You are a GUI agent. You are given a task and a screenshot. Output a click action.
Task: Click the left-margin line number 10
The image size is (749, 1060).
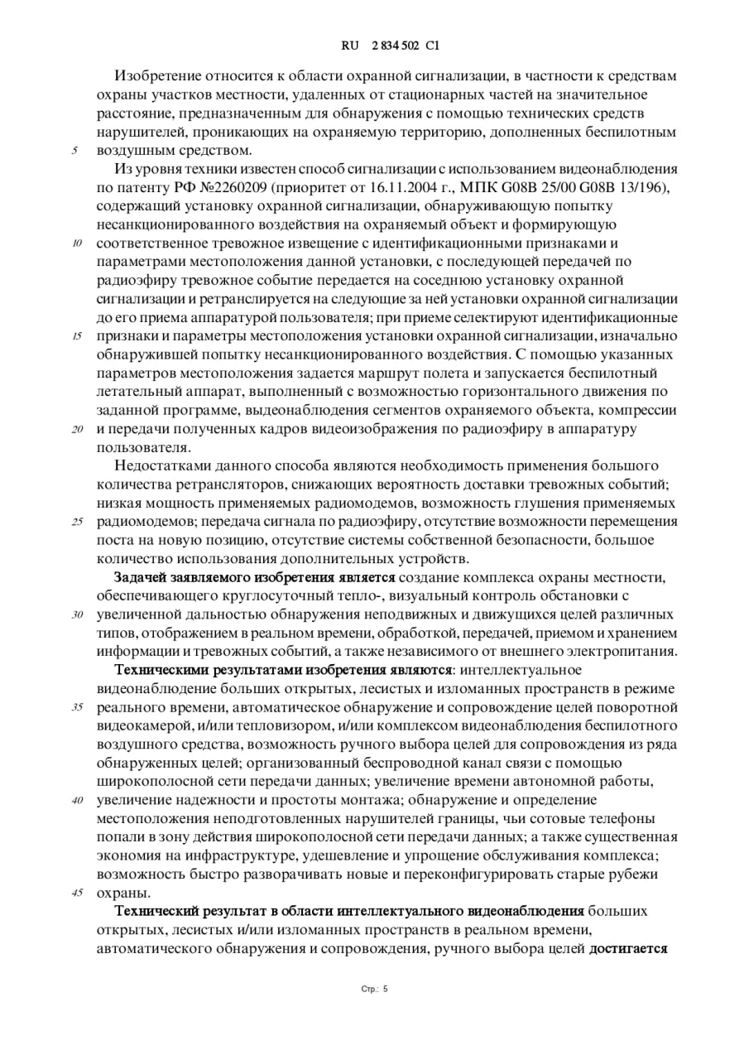[77, 243]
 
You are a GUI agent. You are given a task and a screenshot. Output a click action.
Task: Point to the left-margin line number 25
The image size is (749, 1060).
[77, 522]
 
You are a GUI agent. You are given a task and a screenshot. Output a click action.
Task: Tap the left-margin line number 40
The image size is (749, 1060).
[77, 801]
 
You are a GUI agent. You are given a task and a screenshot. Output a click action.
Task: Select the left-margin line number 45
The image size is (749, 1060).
[77, 894]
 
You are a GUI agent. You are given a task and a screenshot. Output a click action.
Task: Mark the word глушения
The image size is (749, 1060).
[546, 503]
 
